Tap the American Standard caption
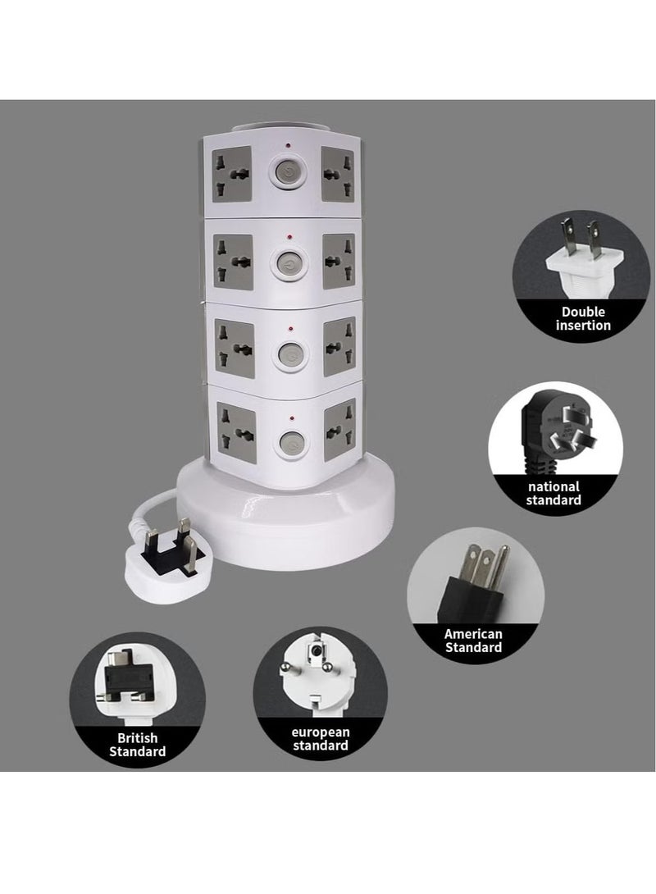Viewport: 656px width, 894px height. tap(473, 640)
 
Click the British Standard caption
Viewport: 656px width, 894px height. tap(138, 743)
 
